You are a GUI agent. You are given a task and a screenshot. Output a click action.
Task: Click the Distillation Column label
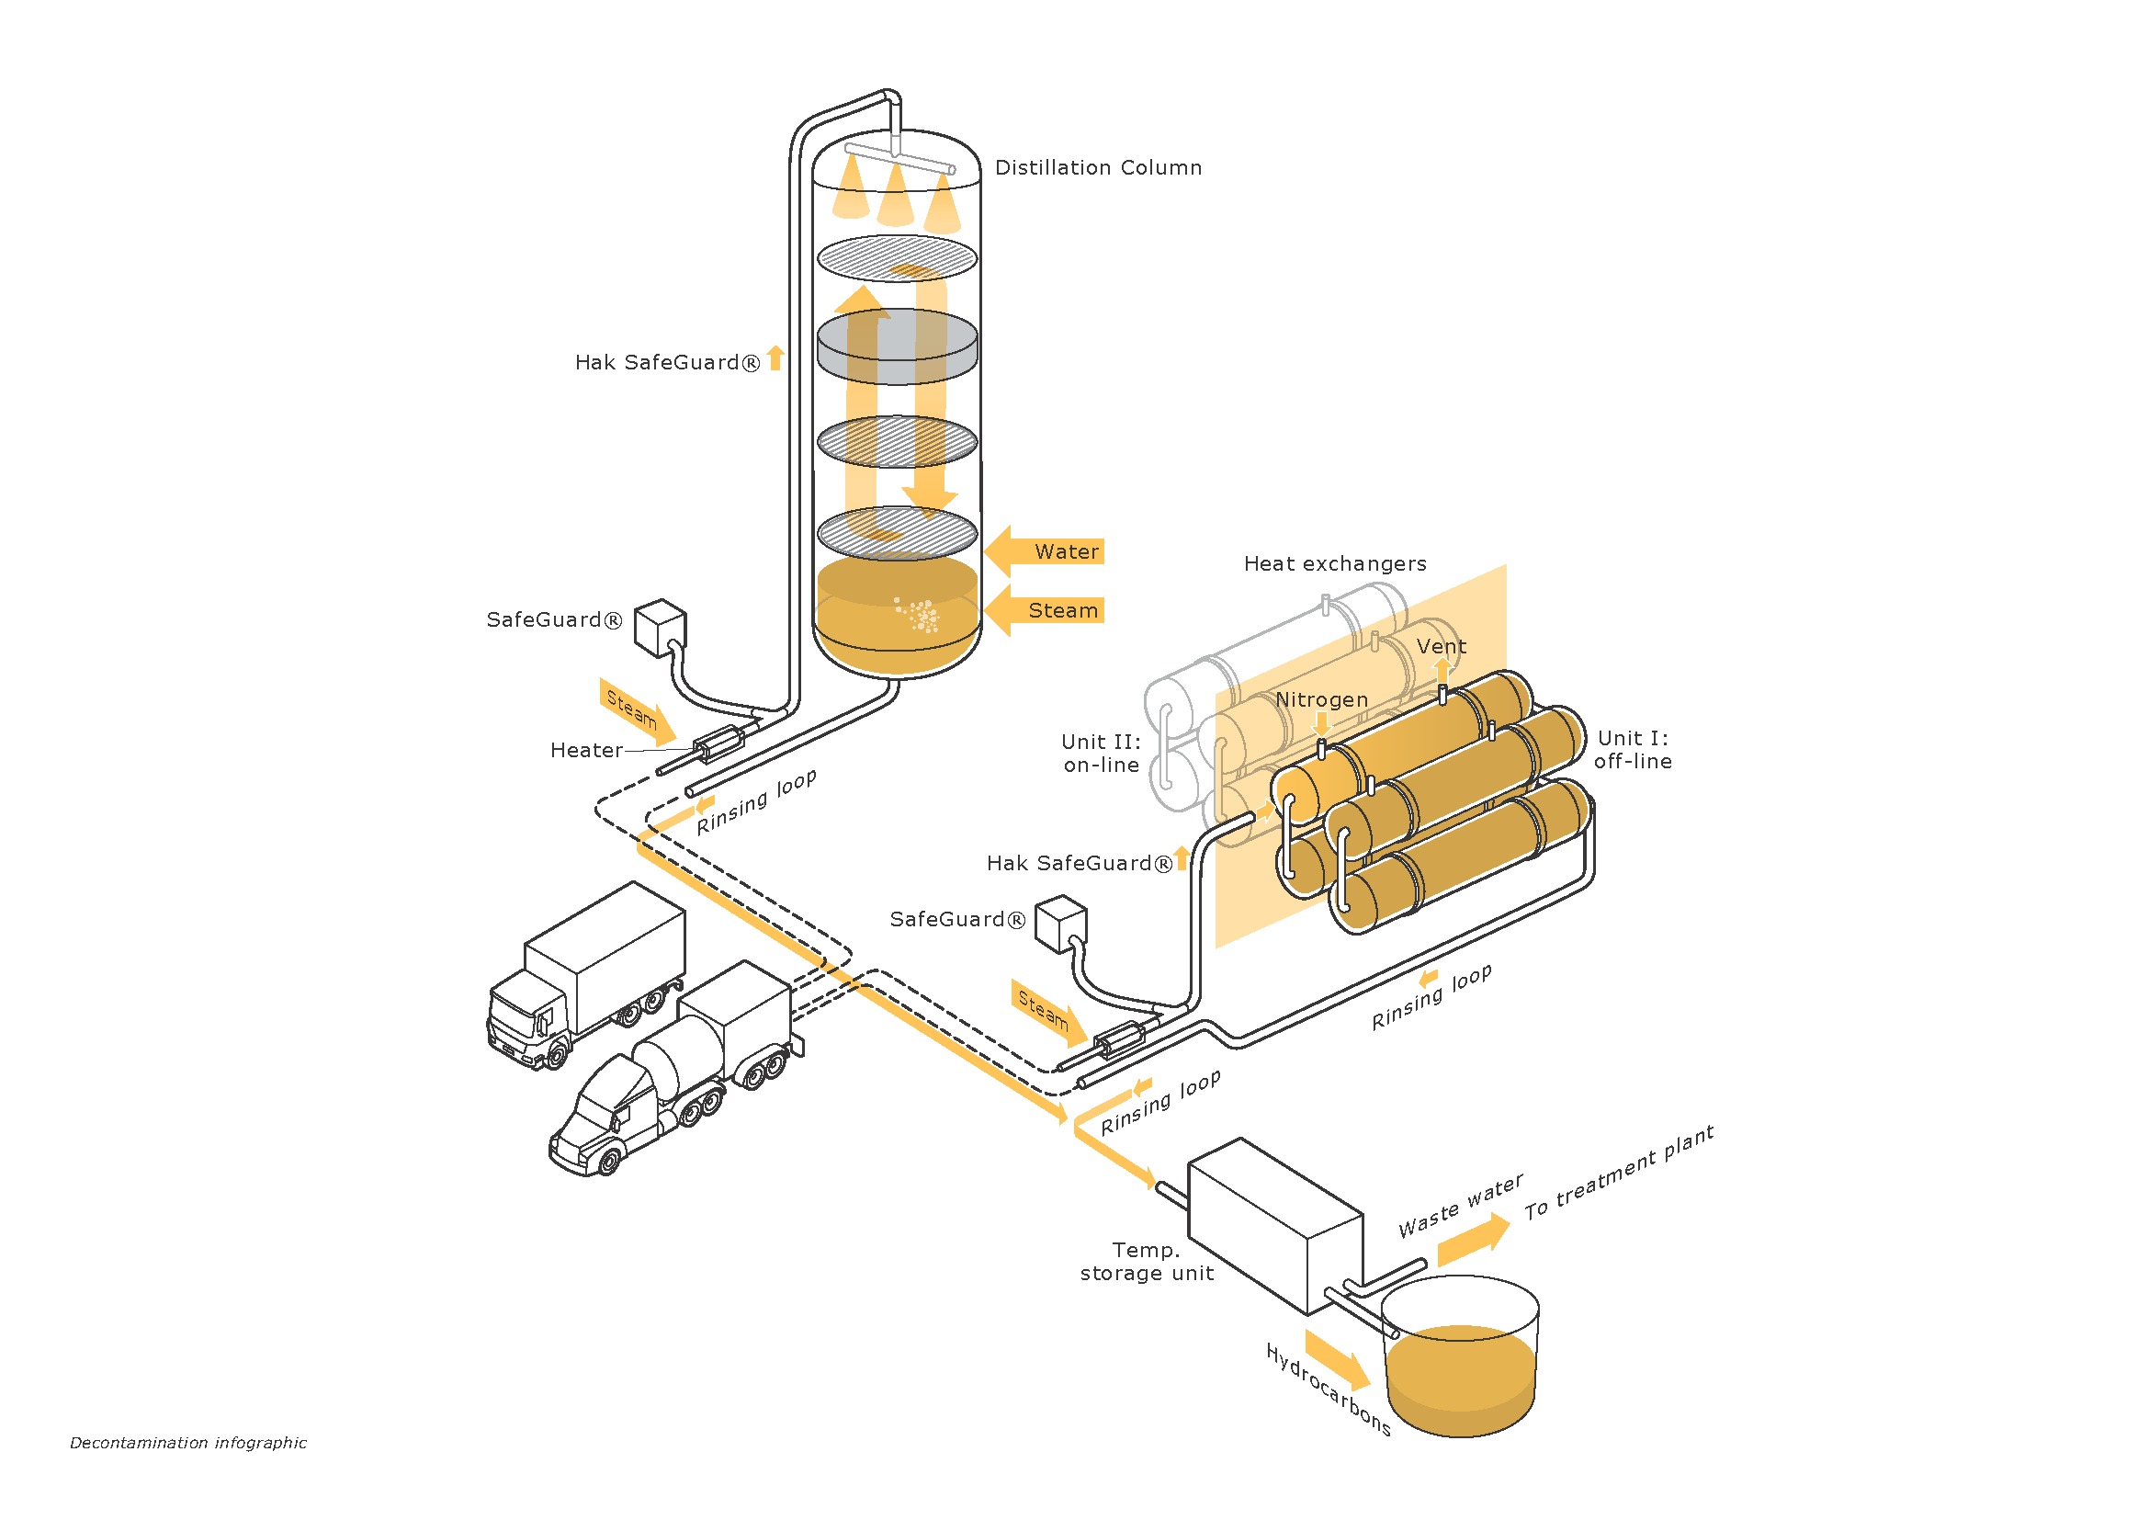pos(1098,167)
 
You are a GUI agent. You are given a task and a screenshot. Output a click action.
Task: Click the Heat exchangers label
pos(1335,563)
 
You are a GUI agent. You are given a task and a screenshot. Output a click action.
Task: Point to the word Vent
pos(1442,647)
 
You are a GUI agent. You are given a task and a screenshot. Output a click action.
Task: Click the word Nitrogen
pos(1321,700)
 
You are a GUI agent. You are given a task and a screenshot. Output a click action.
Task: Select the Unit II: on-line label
pos(1102,754)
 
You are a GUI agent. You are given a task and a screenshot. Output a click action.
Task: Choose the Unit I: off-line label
pos(1633,750)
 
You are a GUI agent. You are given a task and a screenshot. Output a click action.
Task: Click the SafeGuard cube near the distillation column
pos(661,627)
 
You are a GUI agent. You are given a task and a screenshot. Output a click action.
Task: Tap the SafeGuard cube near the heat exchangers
pos(1060,924)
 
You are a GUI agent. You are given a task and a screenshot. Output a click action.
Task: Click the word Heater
pos(586,751)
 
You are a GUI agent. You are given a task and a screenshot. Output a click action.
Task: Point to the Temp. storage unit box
pos(1275,1226)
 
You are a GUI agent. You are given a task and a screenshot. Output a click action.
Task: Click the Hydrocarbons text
pos(1329,1390)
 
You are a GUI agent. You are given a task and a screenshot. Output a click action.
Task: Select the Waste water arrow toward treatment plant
pos(1473,1240)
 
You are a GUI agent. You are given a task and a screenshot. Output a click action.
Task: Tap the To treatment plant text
pos(1618,1173)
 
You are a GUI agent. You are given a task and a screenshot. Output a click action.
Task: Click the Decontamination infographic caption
pos(188,1442)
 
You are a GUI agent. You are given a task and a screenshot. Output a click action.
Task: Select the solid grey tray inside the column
pos(897,346)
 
